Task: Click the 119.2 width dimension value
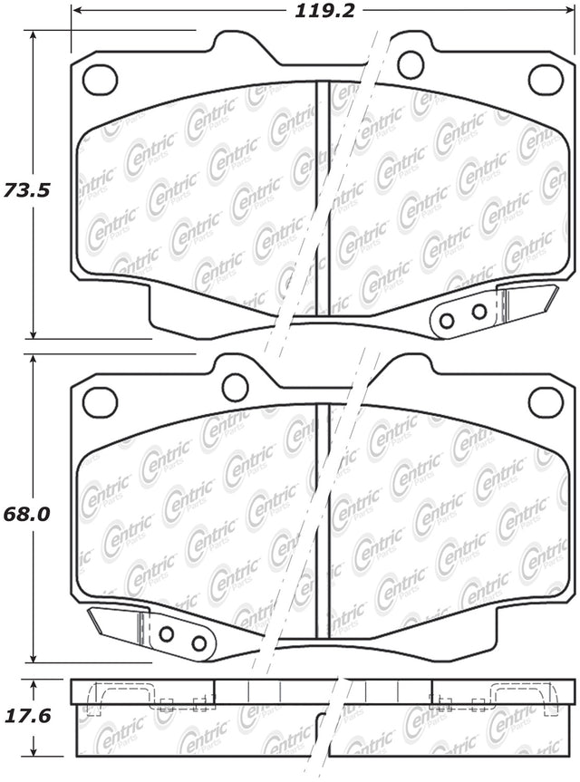(325, 11)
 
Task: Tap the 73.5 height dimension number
(26, 190)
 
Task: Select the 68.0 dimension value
(26, 514)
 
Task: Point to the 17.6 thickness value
(26, 716)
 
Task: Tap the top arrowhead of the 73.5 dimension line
(33, 36)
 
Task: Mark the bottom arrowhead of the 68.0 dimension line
(33, 657)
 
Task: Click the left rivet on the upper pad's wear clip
(447, 321)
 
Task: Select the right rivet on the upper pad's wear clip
(479, 313)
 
